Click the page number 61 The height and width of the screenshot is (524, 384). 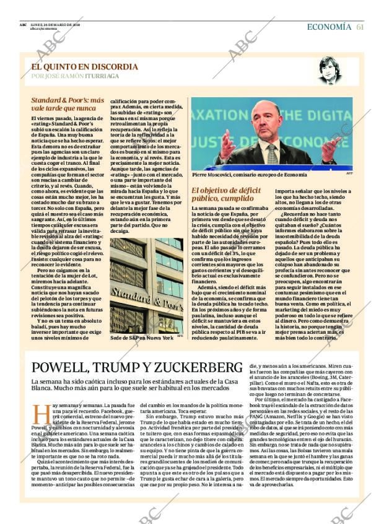(x=360, y=27)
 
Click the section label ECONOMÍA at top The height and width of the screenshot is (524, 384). (x=329, y=27)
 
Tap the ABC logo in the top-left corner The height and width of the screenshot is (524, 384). (x=23, y=25)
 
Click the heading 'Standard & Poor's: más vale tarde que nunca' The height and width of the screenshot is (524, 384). (x=68, y=103)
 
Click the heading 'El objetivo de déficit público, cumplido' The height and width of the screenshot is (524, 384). (x=227, y=195)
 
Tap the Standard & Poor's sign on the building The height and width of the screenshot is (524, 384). (x=146, y=290)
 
